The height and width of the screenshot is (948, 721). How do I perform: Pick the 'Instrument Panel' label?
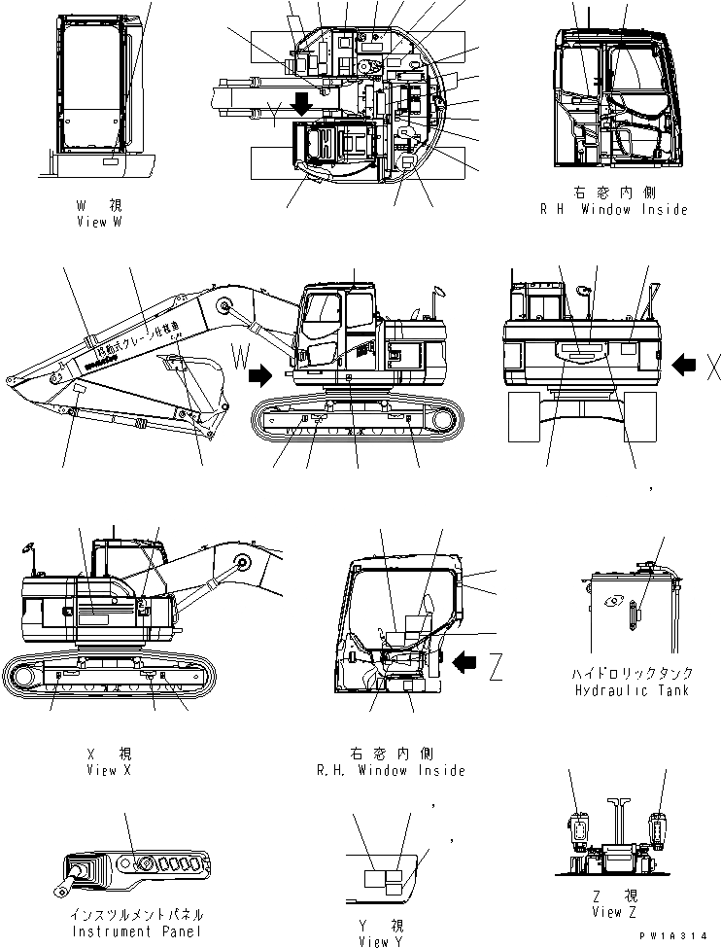coord(136,930)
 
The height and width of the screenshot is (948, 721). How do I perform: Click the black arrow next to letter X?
coord(685,365)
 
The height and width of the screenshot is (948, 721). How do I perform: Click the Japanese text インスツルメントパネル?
coord(136,916)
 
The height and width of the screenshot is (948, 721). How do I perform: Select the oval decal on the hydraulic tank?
coord(634,615)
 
